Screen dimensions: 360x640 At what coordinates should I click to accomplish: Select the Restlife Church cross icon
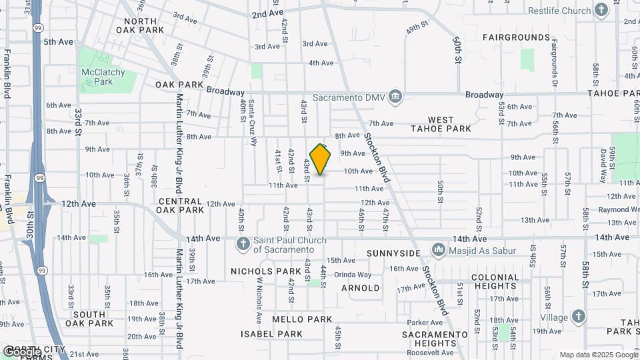click(602, 11)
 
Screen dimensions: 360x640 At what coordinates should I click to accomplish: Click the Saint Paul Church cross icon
click(243, 245)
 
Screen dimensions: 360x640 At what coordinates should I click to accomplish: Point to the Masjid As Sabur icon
click(439, 249)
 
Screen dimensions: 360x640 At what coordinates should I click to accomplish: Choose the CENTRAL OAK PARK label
click(181, 205)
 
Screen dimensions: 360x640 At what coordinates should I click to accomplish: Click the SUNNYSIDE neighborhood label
click(394, 254)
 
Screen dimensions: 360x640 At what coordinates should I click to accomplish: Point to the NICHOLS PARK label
click(261, 271)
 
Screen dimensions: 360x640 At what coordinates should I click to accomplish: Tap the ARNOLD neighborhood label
click(361, 289)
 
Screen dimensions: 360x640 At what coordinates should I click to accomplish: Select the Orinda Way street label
click(353, 275)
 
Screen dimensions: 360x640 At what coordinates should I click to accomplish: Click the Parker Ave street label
click(421, 323)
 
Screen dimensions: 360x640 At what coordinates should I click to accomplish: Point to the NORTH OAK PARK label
click(139, 25)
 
